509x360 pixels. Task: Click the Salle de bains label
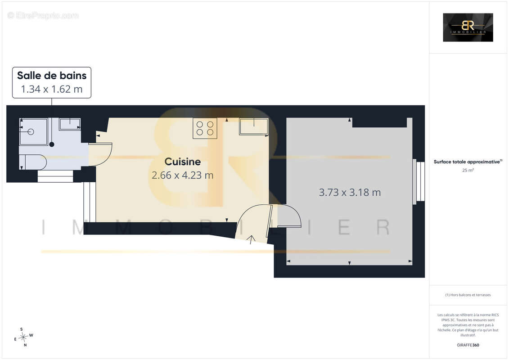(52, 75)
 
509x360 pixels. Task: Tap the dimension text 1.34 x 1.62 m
(52, 89)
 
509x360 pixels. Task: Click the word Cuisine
(182, 162)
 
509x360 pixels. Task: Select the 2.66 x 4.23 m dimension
(182, 175)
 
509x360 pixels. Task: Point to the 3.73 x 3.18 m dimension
(350, 192)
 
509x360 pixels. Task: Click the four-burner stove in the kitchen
(205, 128)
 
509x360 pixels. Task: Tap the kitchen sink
(253, 126)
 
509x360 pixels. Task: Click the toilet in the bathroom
(32, 162)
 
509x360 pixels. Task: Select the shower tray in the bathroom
(33, 131)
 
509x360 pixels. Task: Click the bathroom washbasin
(70, 124)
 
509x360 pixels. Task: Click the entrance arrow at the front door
(251, 239)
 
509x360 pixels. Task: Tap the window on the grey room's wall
(419, 181)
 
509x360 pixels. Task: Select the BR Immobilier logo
(468, 27)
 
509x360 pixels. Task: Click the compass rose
(23, 337)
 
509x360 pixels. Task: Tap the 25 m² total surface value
(468, 170)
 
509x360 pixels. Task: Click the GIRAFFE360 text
(468, 345)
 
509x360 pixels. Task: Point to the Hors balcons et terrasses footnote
(468, 295)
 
